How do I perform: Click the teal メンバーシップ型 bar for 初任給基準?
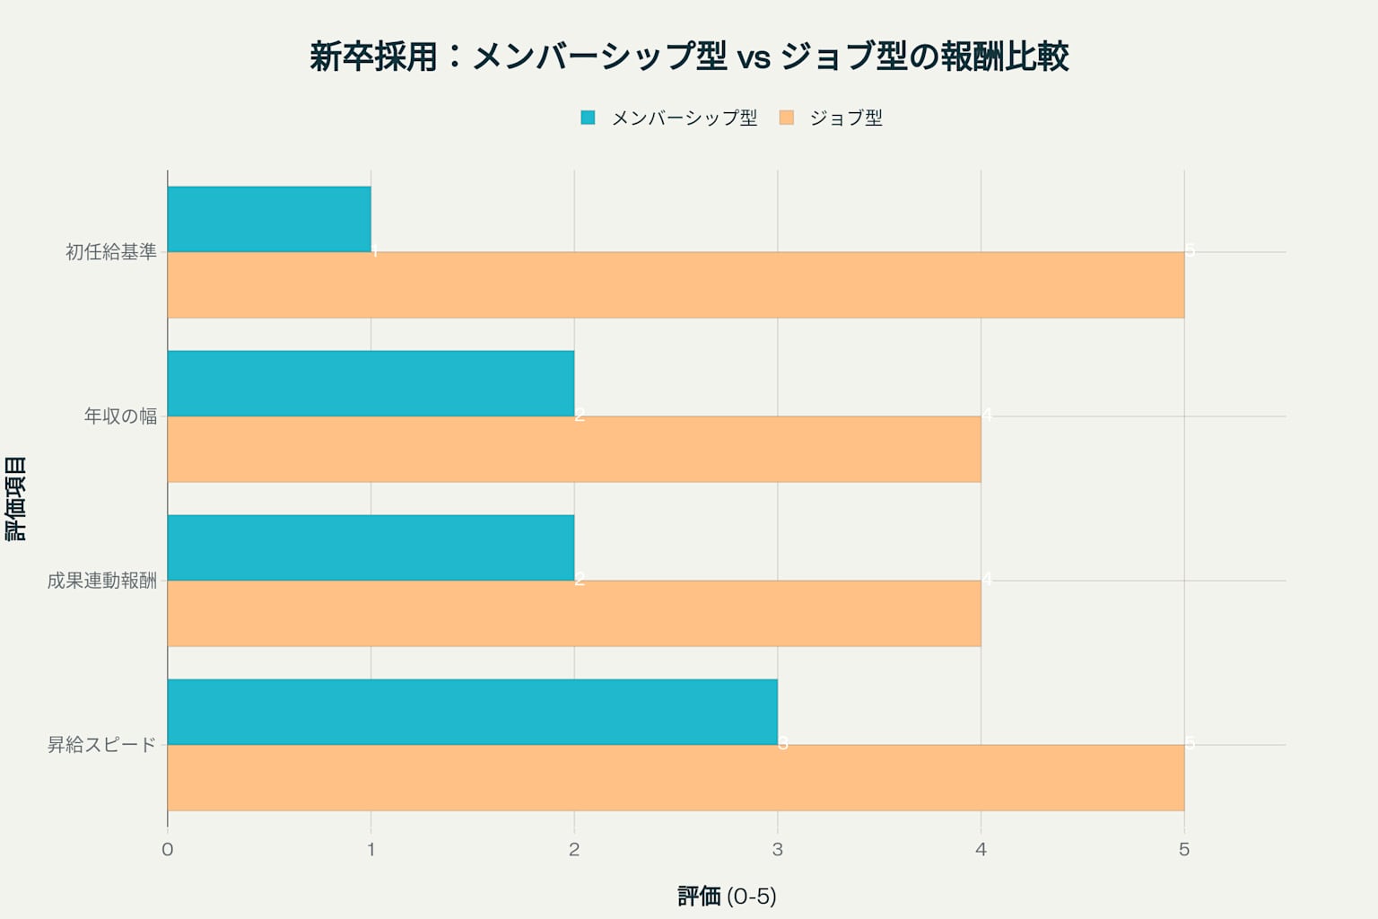(269, 219)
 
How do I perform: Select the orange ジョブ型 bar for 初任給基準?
(676, 284)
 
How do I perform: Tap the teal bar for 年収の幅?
(371, 383)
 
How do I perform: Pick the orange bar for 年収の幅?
(574, 449)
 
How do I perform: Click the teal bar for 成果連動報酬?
(371, 547)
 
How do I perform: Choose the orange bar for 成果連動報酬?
(574, 613)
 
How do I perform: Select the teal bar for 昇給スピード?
(472, 712)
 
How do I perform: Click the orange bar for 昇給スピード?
(676, 777)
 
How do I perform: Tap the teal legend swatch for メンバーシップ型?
(588, 118)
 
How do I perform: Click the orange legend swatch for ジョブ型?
(787, 118)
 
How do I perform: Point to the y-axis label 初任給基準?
(111, 252)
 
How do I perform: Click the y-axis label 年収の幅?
(120, 416)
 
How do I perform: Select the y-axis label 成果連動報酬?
(102, 581)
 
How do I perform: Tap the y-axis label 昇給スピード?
(102, 745)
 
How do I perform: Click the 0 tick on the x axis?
(168, 849)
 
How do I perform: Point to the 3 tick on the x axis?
(778, 849)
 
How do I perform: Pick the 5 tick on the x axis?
(1184, 849)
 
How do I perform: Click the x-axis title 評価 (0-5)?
(727, 896)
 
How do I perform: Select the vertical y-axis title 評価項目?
(17, 498)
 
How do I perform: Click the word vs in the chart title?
(754, 57)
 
